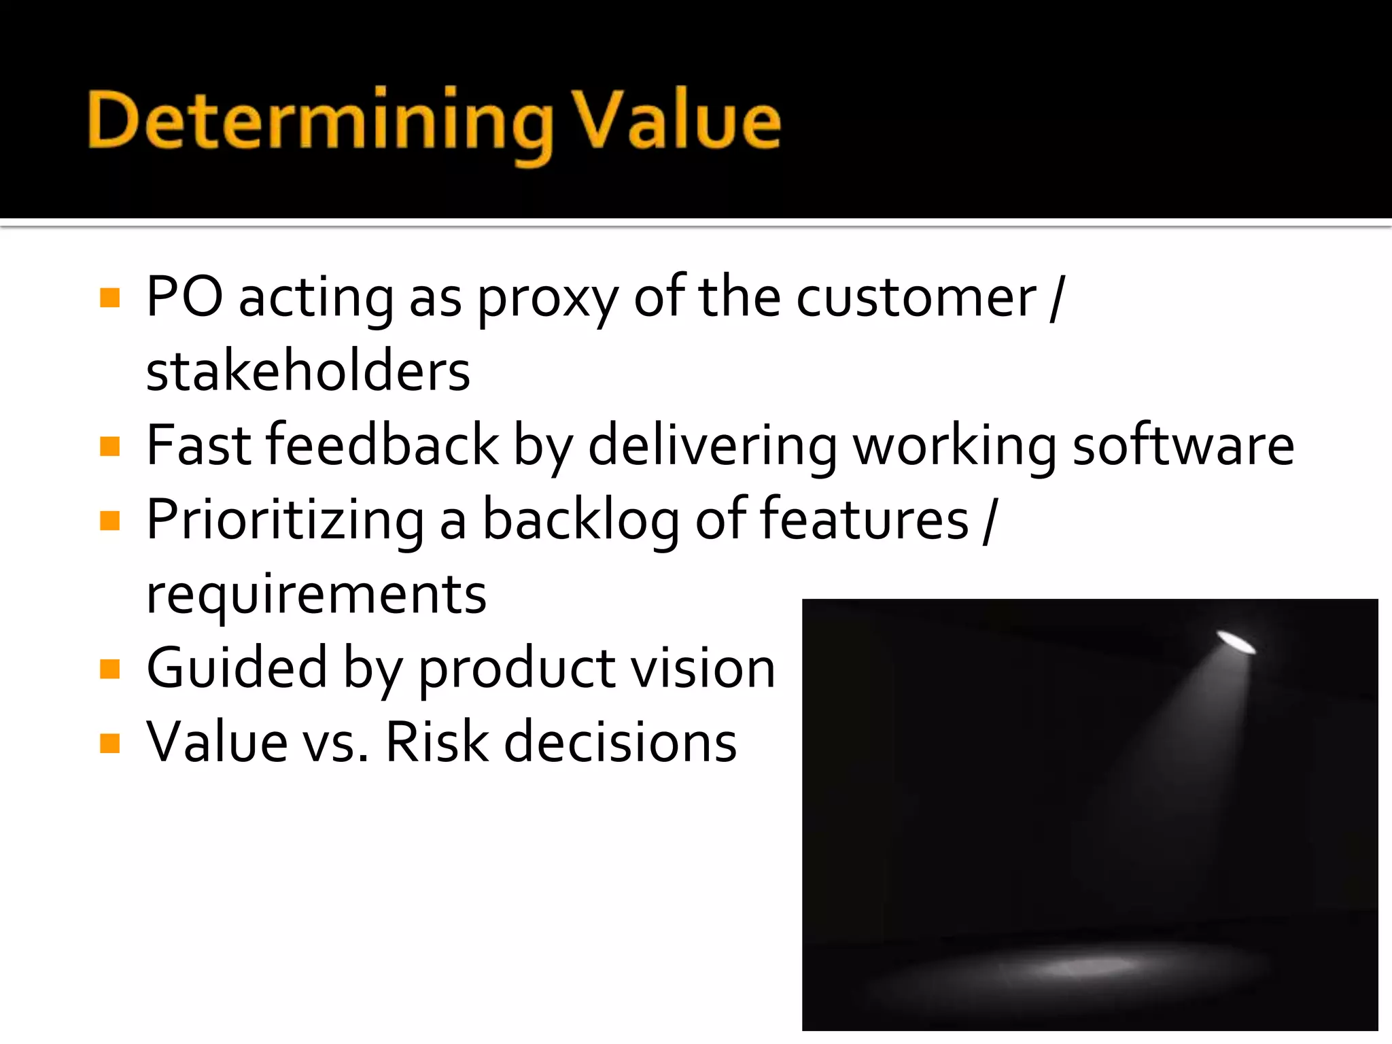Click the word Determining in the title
319,122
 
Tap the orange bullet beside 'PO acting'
109,298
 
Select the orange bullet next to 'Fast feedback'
109,447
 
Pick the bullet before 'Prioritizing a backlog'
109,521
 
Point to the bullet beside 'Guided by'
109,669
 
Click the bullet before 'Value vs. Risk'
109,743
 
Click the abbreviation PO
184,297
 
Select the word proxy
547,300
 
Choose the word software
1183,445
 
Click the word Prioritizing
285,521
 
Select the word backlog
580,521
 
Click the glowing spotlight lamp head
1236,641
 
